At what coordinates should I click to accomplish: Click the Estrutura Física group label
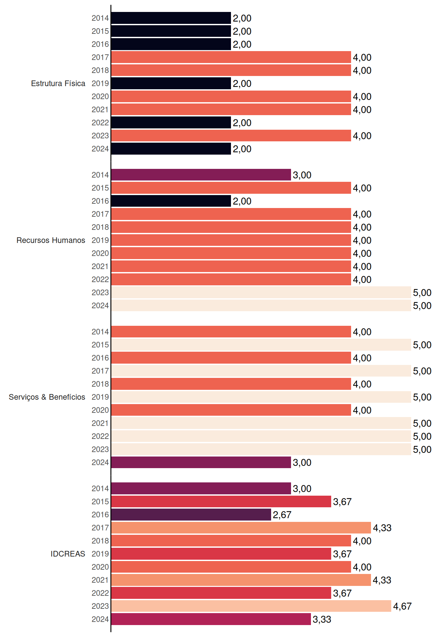coord(58,83)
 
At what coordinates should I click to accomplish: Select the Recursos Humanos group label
coord(51,240)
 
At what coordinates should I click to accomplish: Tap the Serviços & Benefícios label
coord(47,397)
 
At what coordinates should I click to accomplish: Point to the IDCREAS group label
coord(68,554)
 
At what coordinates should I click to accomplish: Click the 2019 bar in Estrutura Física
coord(171,83)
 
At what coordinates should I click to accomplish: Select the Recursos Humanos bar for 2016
coord(171,201)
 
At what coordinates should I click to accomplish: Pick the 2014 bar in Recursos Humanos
coord(201,175)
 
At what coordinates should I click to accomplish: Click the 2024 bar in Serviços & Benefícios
coord(201,462)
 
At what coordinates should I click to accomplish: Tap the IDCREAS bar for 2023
coord(251,606)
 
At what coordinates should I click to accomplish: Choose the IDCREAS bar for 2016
coord(191,515)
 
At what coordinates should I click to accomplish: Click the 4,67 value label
coord(402,606)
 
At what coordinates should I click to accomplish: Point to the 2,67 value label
coord(282,515)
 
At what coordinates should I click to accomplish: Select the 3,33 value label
coord(322,619)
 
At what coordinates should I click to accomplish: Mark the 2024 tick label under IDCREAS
coord(100,619)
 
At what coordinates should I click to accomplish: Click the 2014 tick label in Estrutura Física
coord(100,18)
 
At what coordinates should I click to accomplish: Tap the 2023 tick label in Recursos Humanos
coord(100,293)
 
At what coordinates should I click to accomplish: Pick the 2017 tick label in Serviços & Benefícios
coord(100,371)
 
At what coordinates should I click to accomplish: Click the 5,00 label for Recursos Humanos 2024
coord(422,306)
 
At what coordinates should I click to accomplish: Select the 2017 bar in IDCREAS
coord(241,528)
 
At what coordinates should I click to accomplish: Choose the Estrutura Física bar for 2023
coord(231,136)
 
